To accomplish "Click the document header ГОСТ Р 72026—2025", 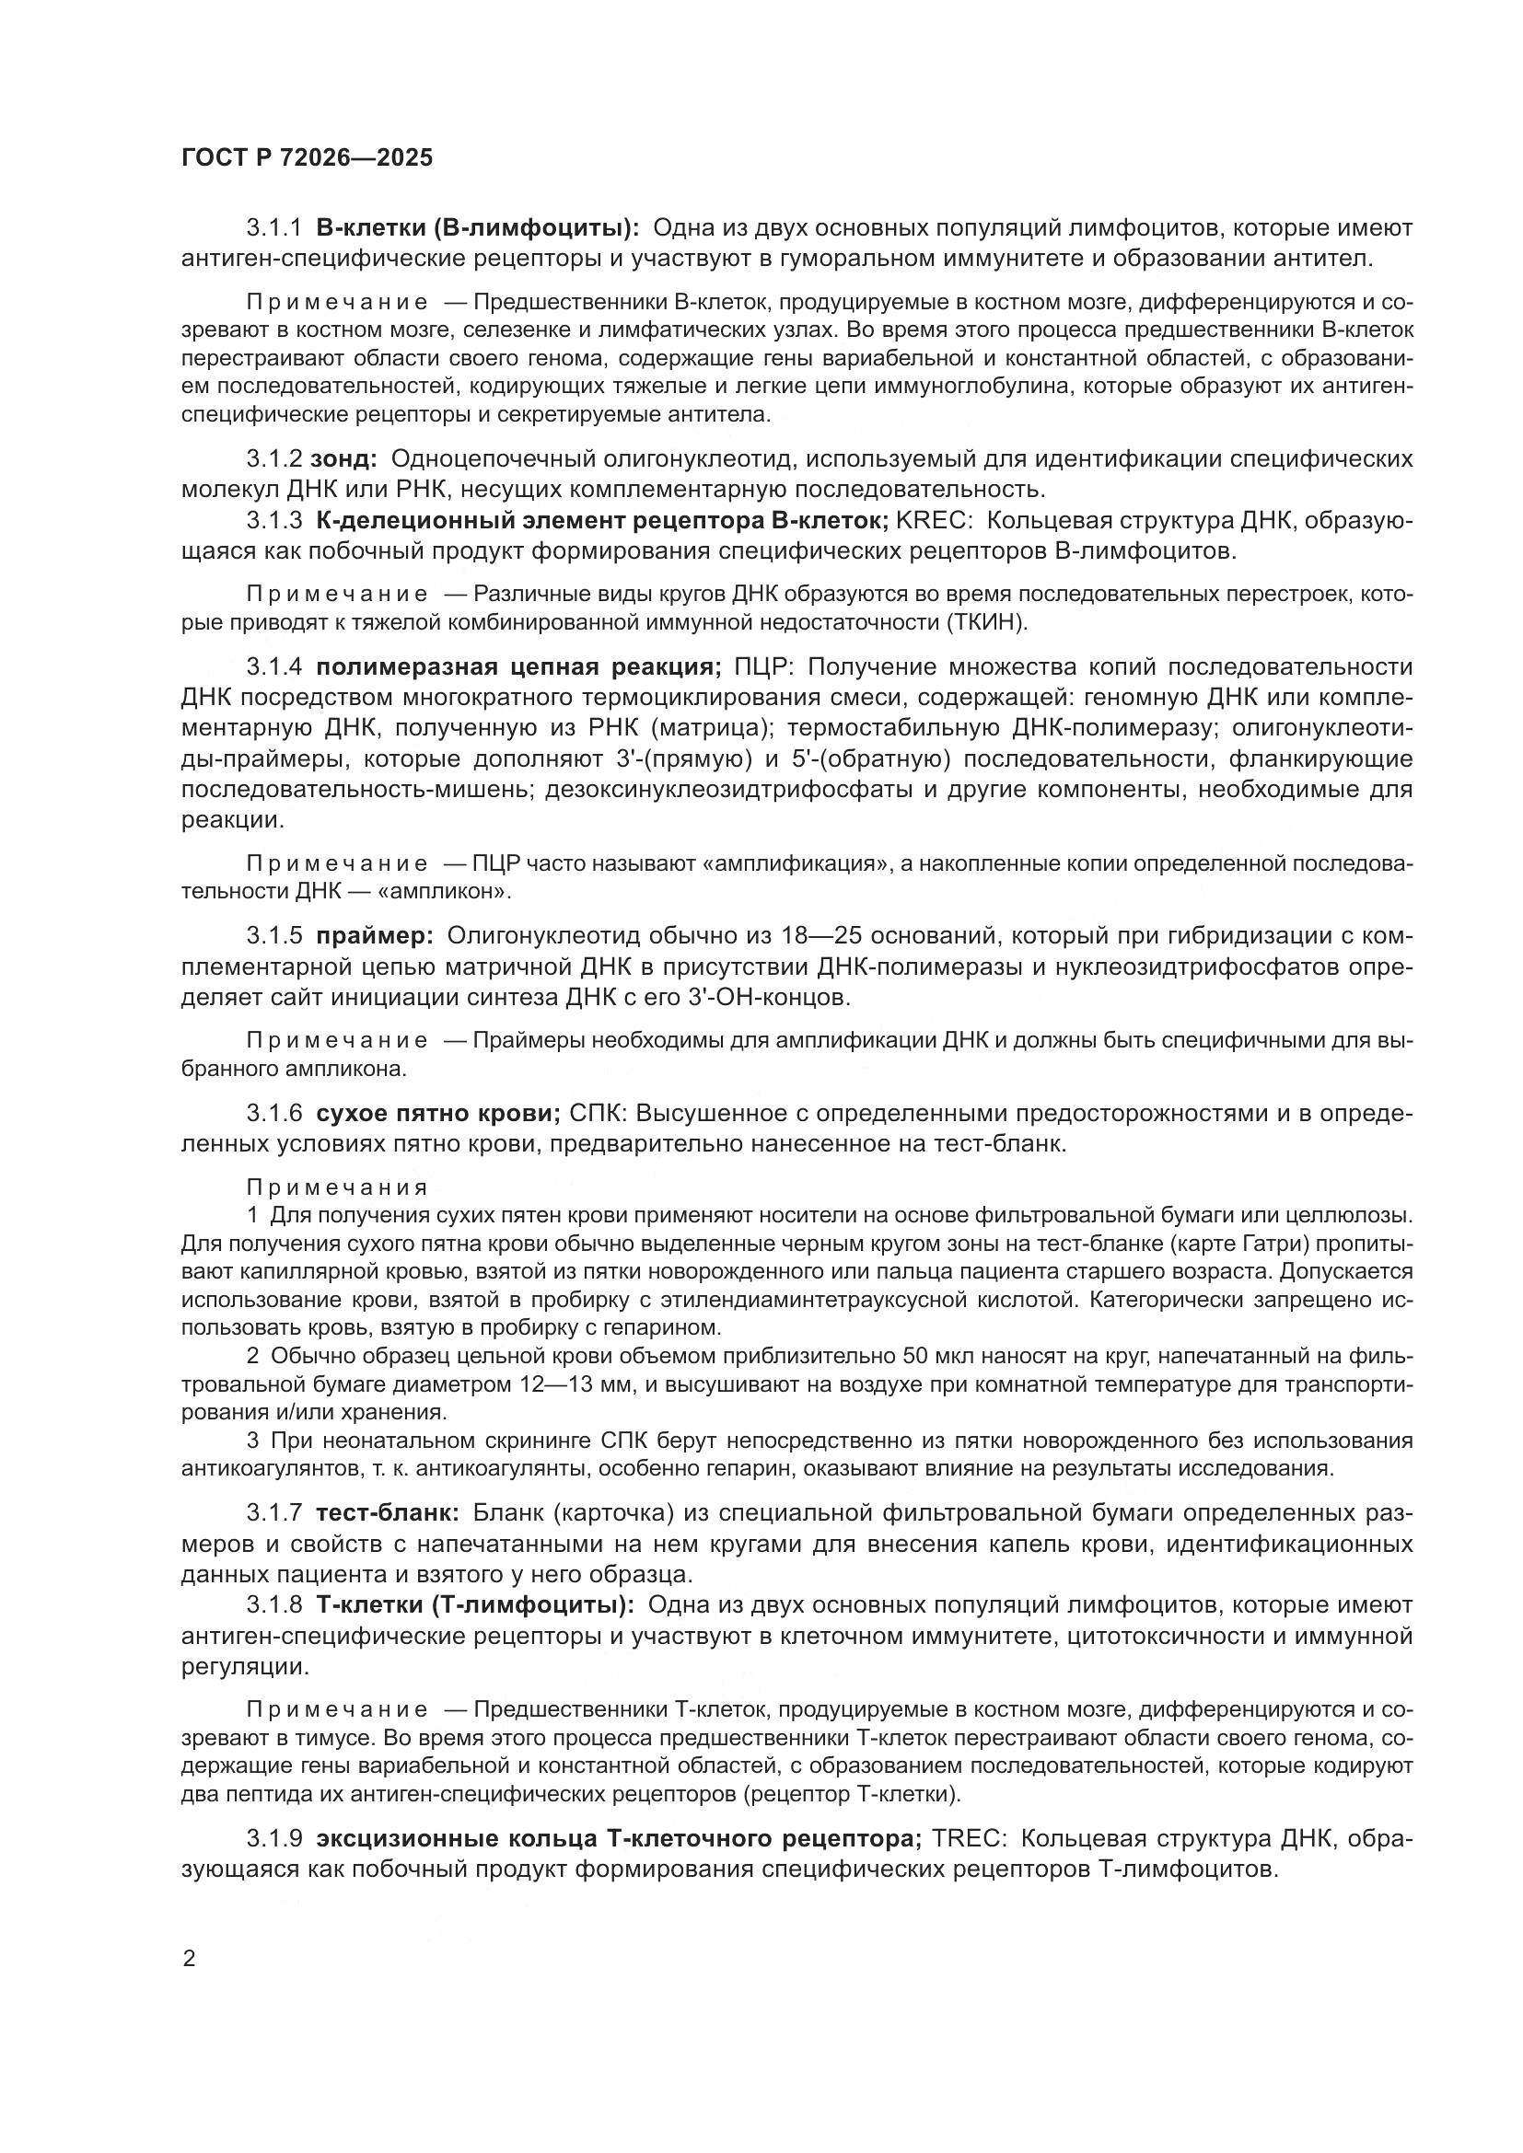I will tap(307, 157).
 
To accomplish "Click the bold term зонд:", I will tap(343, 458).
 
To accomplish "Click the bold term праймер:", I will tap(375, 936).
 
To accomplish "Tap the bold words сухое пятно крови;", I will tap(438, 1113).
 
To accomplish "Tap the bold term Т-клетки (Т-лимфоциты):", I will tap(475, 1604).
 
